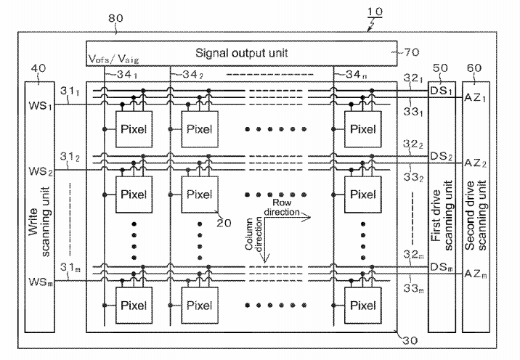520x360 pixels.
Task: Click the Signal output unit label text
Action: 241,53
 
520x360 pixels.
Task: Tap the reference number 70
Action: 412,52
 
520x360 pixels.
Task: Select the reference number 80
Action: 115,18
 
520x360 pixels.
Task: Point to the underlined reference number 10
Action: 375,12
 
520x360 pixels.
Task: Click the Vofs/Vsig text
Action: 113,59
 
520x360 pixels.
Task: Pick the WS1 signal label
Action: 41,106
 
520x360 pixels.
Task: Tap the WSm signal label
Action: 41,282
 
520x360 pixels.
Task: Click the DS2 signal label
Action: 441,156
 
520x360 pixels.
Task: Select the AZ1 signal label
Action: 475,98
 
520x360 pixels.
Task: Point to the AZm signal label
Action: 476,274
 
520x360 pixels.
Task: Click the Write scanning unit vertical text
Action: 39,221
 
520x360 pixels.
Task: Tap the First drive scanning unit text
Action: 442,216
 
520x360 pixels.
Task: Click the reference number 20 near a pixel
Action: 224,223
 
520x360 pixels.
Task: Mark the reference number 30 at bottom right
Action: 410,340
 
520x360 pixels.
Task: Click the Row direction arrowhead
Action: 307,218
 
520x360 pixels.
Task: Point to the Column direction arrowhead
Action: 264,258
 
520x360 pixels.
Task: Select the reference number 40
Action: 38,68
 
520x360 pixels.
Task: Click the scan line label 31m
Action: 70,267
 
